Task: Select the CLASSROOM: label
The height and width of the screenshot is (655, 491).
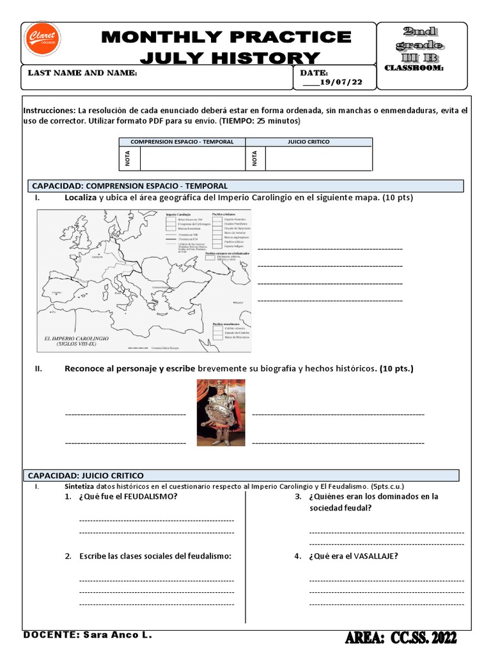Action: click(414, 68)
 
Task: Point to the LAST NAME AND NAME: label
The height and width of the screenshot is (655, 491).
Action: click(82, 73)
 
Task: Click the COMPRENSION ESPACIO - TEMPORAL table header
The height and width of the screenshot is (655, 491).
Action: click(182, 142)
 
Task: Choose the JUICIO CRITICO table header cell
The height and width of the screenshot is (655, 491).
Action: click(309, 142)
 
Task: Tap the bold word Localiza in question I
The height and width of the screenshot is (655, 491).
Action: click(81, 198)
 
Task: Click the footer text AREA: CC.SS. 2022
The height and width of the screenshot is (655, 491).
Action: click(401, 638)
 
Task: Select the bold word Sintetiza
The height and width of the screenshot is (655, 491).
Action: click(79, 486)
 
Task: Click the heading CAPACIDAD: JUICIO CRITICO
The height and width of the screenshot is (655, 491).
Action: click(86, 475)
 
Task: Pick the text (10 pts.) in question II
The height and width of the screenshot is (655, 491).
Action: click(396, 368)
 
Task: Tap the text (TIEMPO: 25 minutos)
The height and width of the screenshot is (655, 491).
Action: click(260, 120)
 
